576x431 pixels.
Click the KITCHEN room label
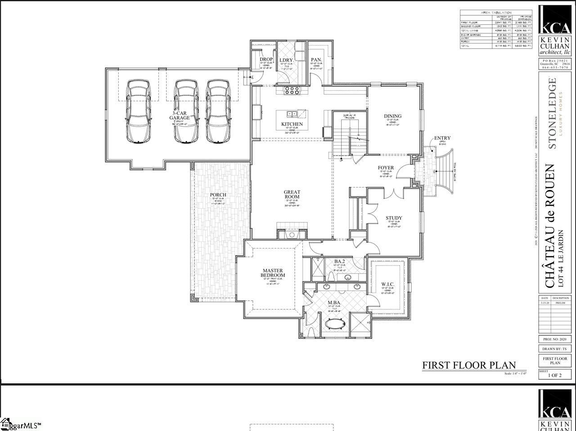(x=292, y=124)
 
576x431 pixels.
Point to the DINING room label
(x=392, y=116)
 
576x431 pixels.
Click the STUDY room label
(x=394, y=218)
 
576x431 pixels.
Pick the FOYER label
(x=386, y=168)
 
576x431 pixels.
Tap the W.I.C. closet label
(x=387, y=284)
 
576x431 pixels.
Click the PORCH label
(x=218, y=195)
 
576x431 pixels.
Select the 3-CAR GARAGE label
(x=180, y=115)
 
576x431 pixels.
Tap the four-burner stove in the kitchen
(x=292, y=91)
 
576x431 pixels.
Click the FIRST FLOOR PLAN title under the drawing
(x=468, y=365)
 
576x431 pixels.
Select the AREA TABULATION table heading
(x=493, y=13)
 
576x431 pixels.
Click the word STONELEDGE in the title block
(x=552, y=113)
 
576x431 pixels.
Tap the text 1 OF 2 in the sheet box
(x=554, y=375)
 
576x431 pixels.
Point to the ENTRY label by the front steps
(x=442, y=138)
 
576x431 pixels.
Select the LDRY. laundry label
(x=286, y=60)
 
